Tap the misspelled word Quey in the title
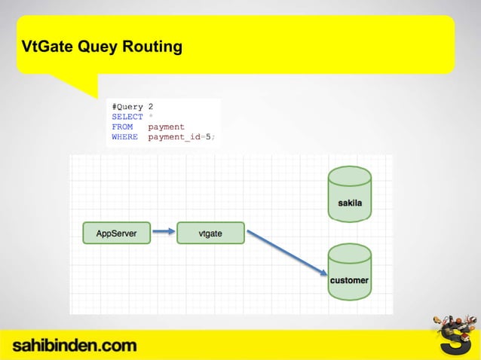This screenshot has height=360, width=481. (97, 47)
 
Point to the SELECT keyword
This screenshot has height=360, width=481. (127, 117)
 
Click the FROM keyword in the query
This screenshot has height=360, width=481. (122, 127)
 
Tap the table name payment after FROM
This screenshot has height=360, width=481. (167, 127)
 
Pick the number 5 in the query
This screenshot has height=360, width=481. (209, 137)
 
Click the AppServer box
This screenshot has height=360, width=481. (116, 233)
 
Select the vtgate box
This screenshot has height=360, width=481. (210, 233)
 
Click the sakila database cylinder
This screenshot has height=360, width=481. (349, 194)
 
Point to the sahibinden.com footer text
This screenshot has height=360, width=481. (74, 346)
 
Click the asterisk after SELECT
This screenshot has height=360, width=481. (151, 117)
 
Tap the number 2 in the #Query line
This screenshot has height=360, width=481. (151, 107)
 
